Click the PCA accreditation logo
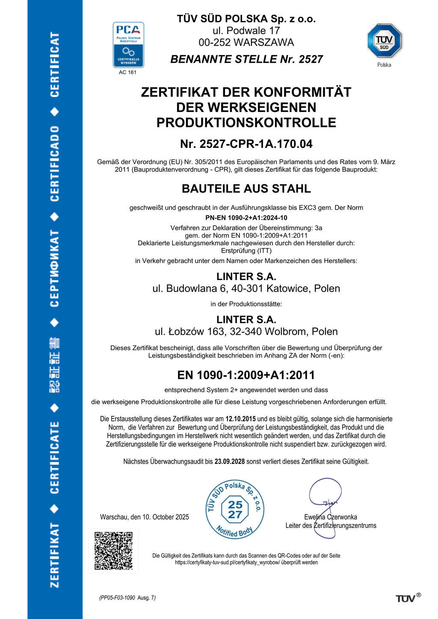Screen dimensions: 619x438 click(128, 45)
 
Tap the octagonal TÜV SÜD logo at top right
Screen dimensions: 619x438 click(384, 41)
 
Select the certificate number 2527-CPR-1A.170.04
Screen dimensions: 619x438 click(246, 144)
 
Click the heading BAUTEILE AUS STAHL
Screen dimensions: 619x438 click(246, 189)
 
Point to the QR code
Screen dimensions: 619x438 click(113, 551)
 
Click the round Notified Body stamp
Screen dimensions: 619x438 click(235, 510)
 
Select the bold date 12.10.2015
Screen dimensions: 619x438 click(240, 419)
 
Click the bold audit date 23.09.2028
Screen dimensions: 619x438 click(230, 462)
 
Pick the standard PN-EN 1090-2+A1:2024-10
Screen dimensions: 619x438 click(246, 218)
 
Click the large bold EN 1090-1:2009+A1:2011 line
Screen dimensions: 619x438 click(246, 375)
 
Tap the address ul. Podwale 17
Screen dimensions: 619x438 click(246, 31)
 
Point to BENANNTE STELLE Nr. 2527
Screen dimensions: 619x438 click(246, 59)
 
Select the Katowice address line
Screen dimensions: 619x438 click(246, 289)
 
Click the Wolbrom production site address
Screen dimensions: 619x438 click(246, 332)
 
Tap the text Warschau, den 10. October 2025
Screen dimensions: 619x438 click(145, 517)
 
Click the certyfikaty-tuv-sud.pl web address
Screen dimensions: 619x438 click(227, 563)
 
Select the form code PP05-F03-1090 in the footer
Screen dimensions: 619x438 click(118, 598)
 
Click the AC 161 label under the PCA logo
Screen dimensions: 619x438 click(127, 72)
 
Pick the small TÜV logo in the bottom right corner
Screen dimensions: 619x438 click(408, 598)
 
